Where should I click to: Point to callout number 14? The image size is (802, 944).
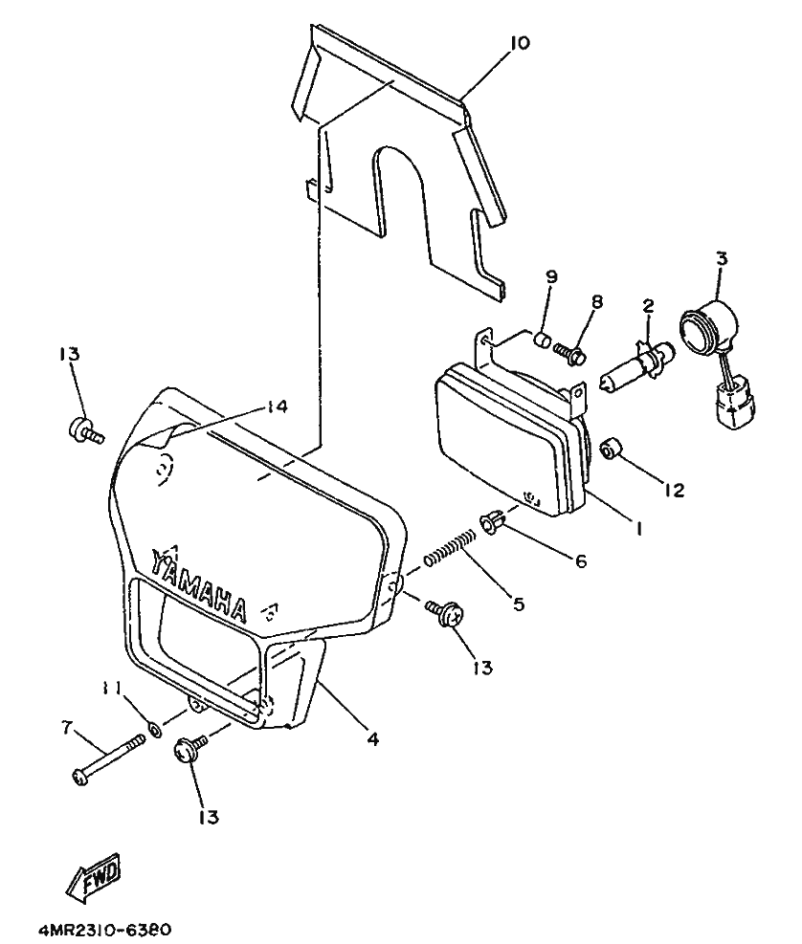pos(277,407)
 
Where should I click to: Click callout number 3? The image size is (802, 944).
pos(720,258)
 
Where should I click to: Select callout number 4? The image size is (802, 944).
pos(372,738)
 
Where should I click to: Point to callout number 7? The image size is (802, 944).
pos(67,729)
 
